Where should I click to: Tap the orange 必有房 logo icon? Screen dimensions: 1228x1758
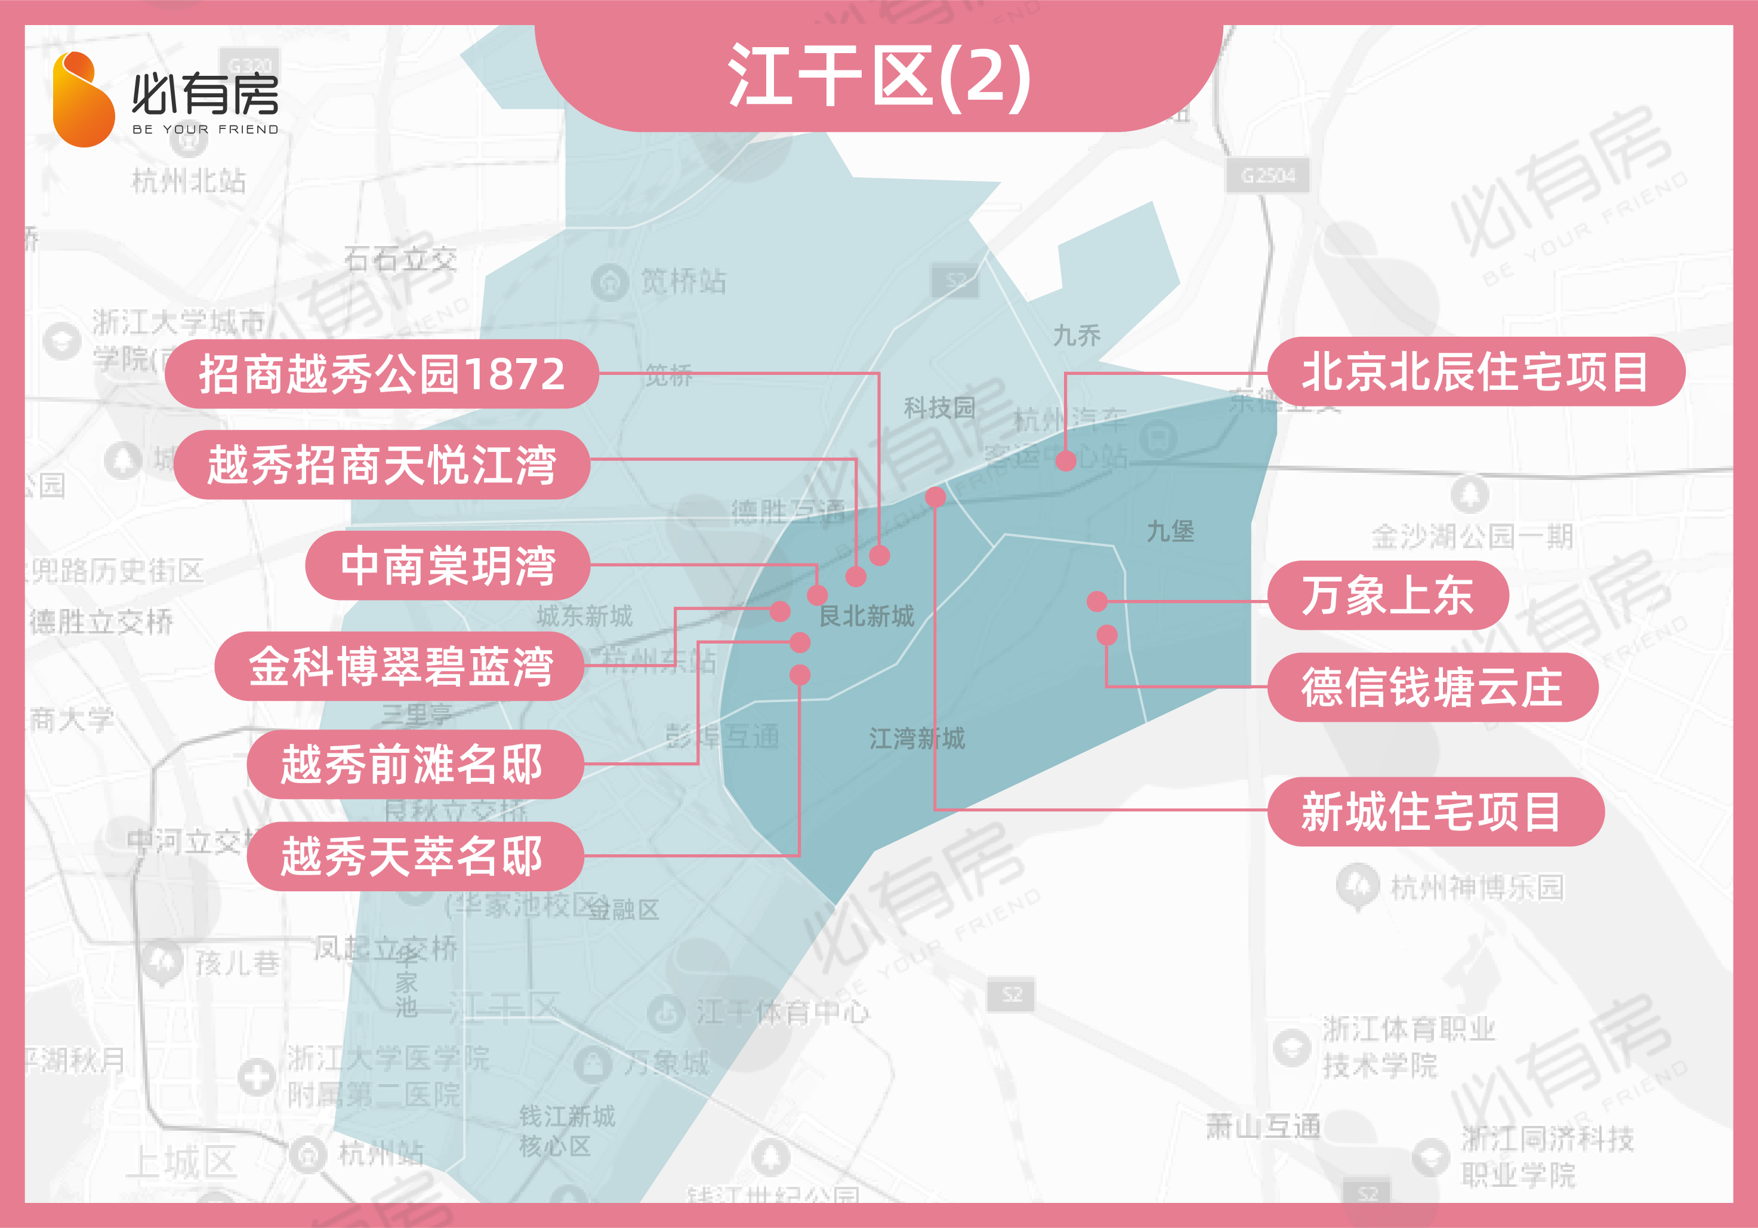pos(83,100)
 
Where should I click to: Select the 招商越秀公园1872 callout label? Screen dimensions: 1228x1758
pos(381,374)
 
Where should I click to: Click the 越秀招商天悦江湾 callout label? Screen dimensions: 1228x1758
pos(381,465)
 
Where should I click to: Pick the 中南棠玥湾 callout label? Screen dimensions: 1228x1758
pos(448,565)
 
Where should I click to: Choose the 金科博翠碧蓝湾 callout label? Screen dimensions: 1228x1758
pos(400,666)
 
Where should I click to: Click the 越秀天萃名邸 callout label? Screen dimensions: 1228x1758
pos(414,855)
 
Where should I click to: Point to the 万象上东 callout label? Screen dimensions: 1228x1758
pos(1387,595)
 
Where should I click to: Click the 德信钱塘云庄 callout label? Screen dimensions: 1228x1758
pos(1432,687)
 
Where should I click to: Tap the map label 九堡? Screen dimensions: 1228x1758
pos(1170,531)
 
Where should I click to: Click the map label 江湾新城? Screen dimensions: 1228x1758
pos(917,738)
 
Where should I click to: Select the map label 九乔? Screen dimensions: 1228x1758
pos(1077,335)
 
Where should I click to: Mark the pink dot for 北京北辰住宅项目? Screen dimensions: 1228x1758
pos(1066,460)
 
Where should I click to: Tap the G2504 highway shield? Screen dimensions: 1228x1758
pos(1268,176)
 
